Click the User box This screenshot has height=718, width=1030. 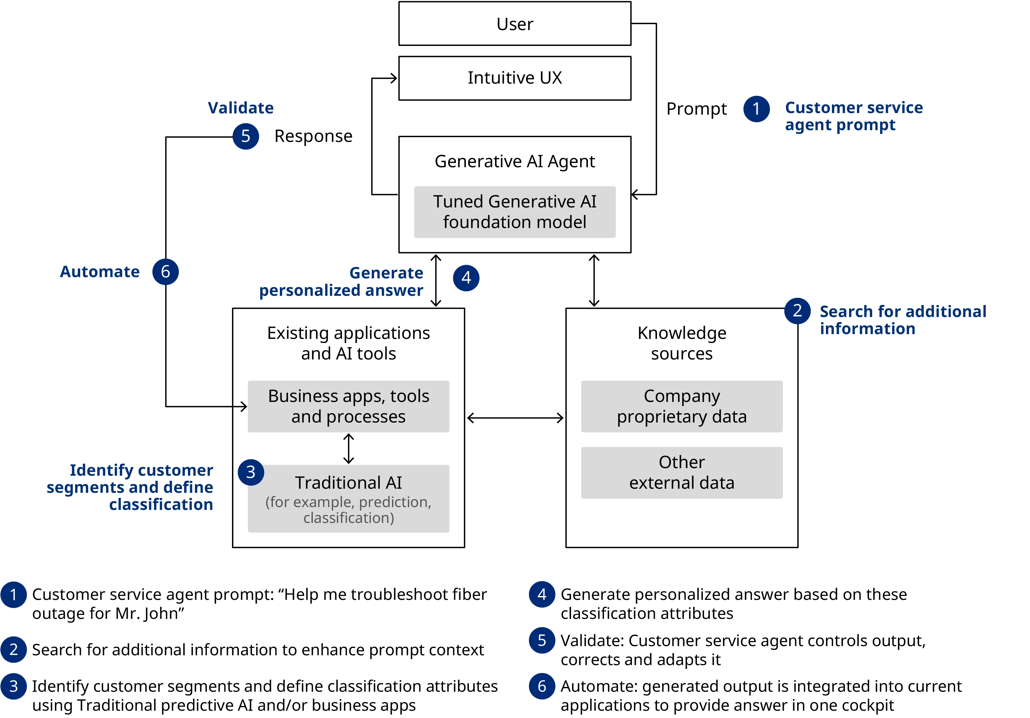515,24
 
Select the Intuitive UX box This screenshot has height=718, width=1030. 515,78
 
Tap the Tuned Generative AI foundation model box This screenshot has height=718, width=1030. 515,212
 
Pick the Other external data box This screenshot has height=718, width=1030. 681,473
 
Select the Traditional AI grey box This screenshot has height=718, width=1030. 349,499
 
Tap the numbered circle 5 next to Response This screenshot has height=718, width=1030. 245,136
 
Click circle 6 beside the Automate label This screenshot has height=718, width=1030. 165,272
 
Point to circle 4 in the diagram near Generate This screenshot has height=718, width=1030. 466,278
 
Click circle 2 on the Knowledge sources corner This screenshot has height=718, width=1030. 797,311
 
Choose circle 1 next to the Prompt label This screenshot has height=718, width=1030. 756,109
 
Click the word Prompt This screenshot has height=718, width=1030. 696,109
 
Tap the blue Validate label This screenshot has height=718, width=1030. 241,108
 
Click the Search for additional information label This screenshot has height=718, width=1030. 902,320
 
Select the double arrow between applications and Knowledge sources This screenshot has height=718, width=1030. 515,418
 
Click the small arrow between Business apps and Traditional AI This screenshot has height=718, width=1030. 349,448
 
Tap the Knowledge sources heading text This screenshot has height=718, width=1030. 681,343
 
